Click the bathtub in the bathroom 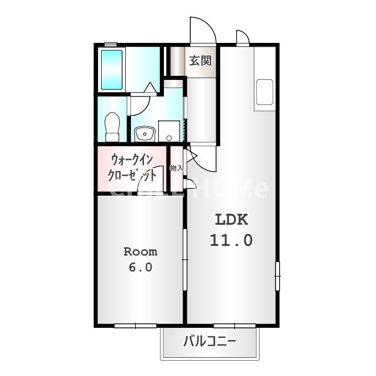pyautogui.click(x=112, y=70)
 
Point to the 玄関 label pyautogui.click(x=200, y=60)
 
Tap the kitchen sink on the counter pyautogui.click(x=264, y=91)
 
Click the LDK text pyautogui.click(x=232, y=220)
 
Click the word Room pyautogui.click(x=140, y=251)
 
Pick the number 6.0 pyautogui.click(x=140, y=267)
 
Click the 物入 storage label pyautogui.click(x=176, y=168)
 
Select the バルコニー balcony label pyautogui.click(x=210, y=341)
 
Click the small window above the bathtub pyautogui.click(x=110, y=44)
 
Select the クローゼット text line pyautogui.click(x=132, y=174)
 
